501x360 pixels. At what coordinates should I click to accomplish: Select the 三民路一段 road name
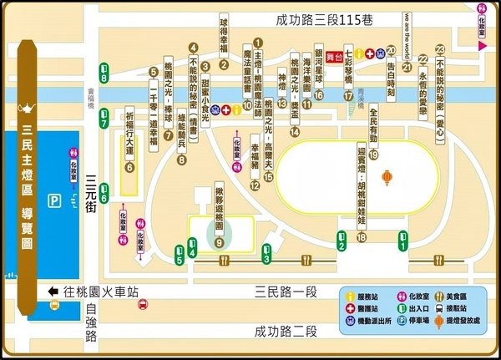coord(288,291)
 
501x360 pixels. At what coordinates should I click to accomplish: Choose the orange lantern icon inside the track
coord(387,177)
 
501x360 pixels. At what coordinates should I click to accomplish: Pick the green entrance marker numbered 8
coord(104,73)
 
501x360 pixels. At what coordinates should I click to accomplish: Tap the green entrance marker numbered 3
coord(266,254)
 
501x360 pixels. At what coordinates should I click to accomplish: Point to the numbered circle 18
coord(362,237)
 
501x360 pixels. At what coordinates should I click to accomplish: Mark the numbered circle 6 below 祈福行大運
coord(129,167)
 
